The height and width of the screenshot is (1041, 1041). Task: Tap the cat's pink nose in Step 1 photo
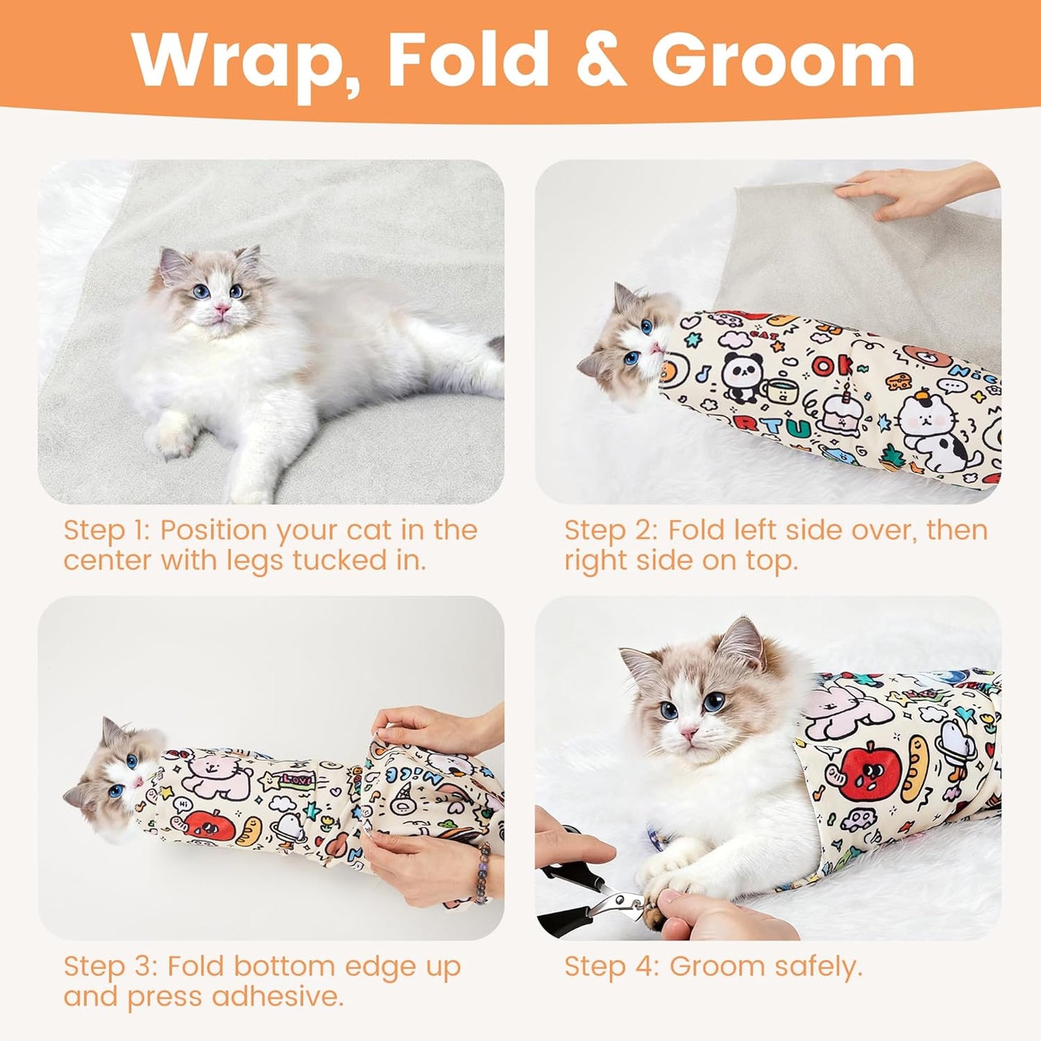223,310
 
